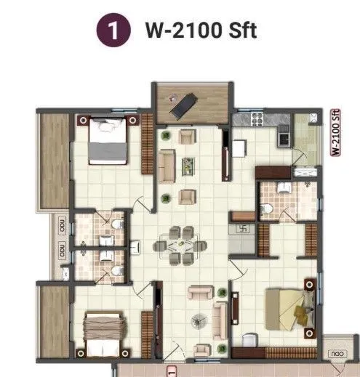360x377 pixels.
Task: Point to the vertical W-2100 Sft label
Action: [336, 131]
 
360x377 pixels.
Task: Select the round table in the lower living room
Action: [196, 320]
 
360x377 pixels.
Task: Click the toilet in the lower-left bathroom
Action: [116, 270]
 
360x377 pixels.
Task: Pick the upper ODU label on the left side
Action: [62, 226]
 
